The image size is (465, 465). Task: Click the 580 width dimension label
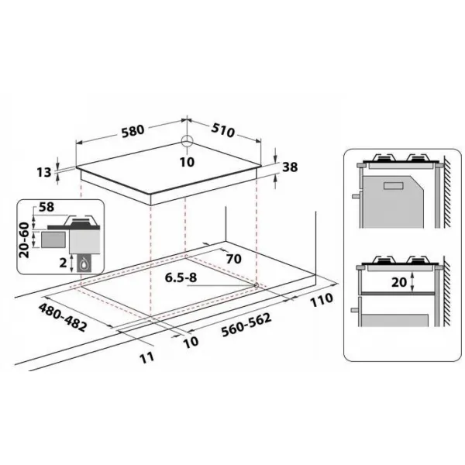click(133, 130)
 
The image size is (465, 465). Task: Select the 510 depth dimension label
click(223, 130)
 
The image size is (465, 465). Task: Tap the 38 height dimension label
click(290, 167)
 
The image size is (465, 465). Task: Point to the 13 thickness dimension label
click(44, 172)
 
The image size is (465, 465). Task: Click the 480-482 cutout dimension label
click(63, 317)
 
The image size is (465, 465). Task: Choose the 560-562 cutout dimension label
click(246, 325)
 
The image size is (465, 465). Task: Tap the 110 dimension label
click(322, 300)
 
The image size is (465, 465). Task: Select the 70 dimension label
click(234, 259)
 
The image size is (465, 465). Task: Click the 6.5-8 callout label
click(181, 278)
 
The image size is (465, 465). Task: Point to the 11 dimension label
click(147, 357)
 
